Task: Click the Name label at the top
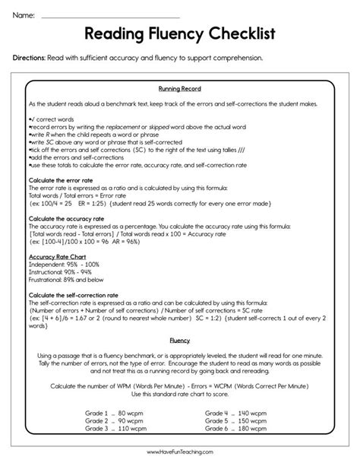tap(24, 14)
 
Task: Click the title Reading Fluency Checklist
tap(179, 34)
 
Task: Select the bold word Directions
tap(33, 58)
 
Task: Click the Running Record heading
tap(179, 89)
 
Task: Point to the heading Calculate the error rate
tap(65, 179)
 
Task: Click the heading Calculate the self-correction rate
tap(79, 294)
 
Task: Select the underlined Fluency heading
tap(179, 341)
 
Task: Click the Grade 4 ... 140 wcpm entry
tap(235, 412)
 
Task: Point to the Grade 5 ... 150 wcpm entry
tap(235, 420)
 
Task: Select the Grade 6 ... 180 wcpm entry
tap(235, 428)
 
